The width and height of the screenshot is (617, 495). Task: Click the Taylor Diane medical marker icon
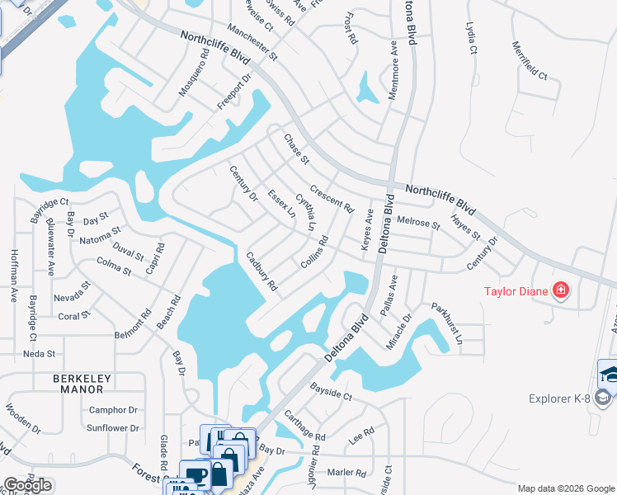point(561,290)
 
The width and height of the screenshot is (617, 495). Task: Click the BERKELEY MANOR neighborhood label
point(82,384)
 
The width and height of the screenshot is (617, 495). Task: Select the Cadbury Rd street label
point(261,274)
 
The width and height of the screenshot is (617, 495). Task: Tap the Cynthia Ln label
point(306,211)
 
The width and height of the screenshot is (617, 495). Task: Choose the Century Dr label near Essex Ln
point(243,182)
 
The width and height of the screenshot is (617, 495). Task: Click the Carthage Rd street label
point(305,425)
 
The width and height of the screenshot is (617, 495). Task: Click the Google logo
point(28,485)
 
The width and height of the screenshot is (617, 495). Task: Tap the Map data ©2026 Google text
point(565,488)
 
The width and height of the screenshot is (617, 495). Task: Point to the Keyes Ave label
point(365,230)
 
